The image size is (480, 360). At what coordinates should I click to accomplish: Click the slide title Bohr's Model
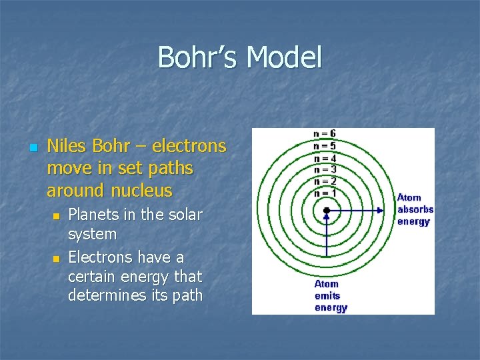[x=240, y=57]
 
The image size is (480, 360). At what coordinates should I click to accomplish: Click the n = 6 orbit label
[x=325, y=133]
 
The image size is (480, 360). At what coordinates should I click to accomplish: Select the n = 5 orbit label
[x=325, y=145]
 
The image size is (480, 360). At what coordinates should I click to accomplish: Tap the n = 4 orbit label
[x=325, y=157]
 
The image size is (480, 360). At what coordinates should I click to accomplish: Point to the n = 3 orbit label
[x=325, y=169]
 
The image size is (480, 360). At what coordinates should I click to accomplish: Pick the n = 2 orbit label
[x=325, y=181]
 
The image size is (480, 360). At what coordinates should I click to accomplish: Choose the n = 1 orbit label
[x=325, y=193]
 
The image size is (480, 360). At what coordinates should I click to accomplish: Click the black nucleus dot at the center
[x=326, y=211]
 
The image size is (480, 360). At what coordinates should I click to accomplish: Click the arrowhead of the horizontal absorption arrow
[x=380, y=211]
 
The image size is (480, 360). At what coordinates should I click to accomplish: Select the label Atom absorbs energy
[x=415, y=209]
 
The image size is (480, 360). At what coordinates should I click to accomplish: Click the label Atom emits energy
[x=331, y=296]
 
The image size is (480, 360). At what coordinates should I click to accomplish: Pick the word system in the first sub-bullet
[x=92, y=235]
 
